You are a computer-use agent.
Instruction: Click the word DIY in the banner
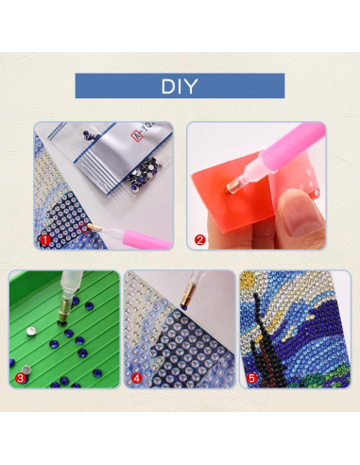(x=180, y=87)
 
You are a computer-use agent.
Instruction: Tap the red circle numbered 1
(x=43, y=239)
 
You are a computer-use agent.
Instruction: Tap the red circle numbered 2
(x=199, y=239)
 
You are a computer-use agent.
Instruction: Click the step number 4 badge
(x=136, y=379)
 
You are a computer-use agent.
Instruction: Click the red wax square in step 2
(x=227, y=198)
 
